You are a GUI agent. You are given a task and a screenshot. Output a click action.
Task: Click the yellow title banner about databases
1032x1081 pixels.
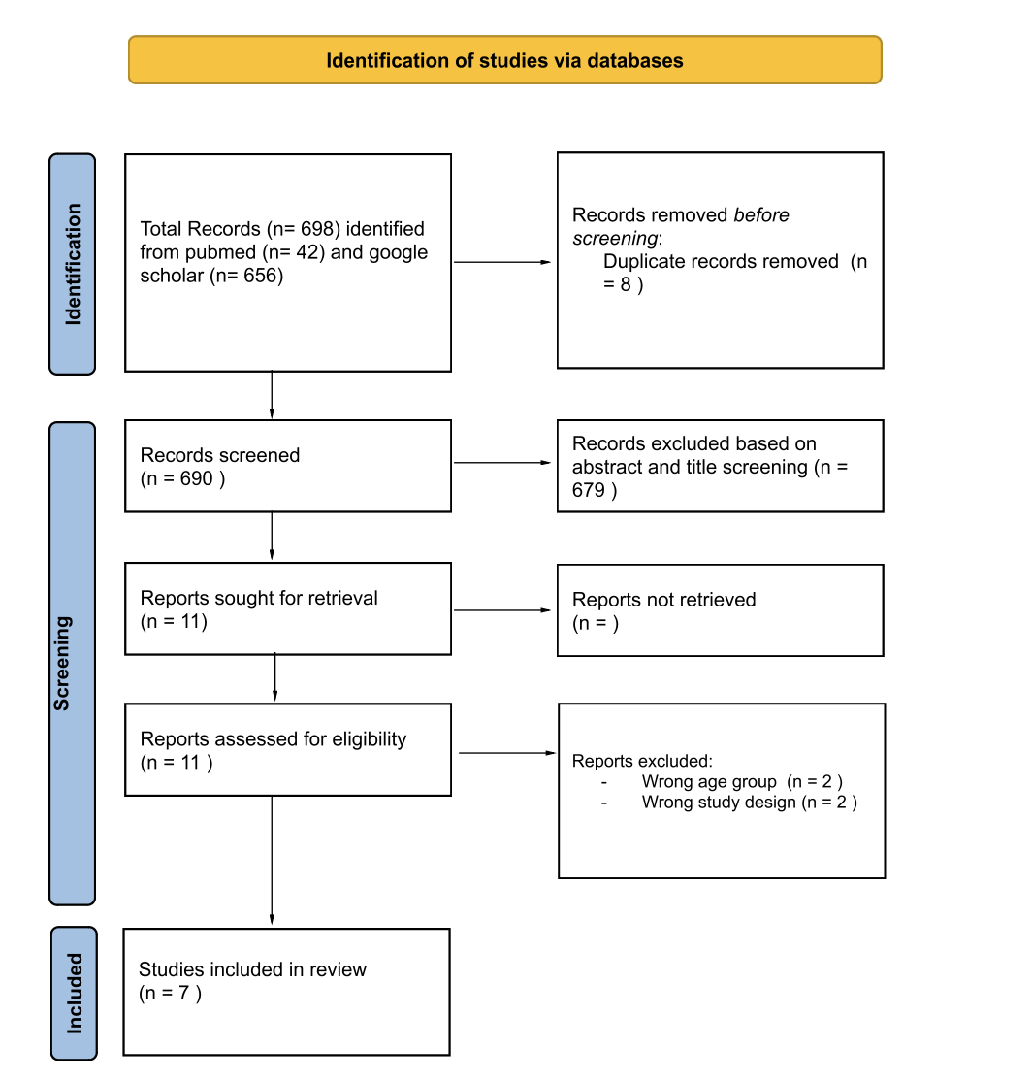pyautogui.click(x=505, y=60)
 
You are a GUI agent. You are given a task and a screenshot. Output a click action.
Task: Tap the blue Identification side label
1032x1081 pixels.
pyautogui.click(x=73, y=264)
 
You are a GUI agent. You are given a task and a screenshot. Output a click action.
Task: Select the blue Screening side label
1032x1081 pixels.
pyautogui.click(x=73, y=663)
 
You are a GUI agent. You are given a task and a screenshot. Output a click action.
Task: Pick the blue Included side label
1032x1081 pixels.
pyautogui.click(x=74, y=993)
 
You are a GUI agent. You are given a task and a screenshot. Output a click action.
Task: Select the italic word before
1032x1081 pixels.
pyautogui.click(x=761, y=215)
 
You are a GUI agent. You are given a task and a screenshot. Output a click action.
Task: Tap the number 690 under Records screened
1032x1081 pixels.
pyautogui.click(x=196, y=478)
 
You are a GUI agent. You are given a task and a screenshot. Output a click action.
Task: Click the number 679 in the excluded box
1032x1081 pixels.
pyautogui.click(x=589, y=490)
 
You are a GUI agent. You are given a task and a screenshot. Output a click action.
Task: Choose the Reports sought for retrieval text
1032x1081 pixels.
pyautogui.click(x=259, y=598)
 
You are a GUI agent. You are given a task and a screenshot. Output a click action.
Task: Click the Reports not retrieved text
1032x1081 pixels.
pyautogui.click(x=664, y=600)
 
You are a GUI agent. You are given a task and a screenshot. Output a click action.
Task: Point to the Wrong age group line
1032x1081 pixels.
pyautogui.click(x=742, y=782)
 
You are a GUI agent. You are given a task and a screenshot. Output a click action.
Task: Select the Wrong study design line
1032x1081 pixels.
pyautogui.click(x=750, y=803)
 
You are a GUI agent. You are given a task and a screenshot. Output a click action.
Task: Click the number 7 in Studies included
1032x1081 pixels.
pyautogui.click(x=184, y=993)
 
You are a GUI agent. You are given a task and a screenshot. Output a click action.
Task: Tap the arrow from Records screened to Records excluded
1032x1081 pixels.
pyautogui.click(x=502, y=463)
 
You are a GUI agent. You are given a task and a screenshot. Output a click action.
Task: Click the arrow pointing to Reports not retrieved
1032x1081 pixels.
pyautogui.click(x=502, y=610)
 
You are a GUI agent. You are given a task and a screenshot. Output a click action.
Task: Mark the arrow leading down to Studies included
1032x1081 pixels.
pyautogui.click(x=273, y=861)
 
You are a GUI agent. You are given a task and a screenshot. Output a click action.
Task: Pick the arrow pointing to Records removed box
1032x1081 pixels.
pyautogui.click(x=502, y=262)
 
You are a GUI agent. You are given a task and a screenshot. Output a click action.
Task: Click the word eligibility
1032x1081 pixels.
pyautogui.click(x=370, y=739)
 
